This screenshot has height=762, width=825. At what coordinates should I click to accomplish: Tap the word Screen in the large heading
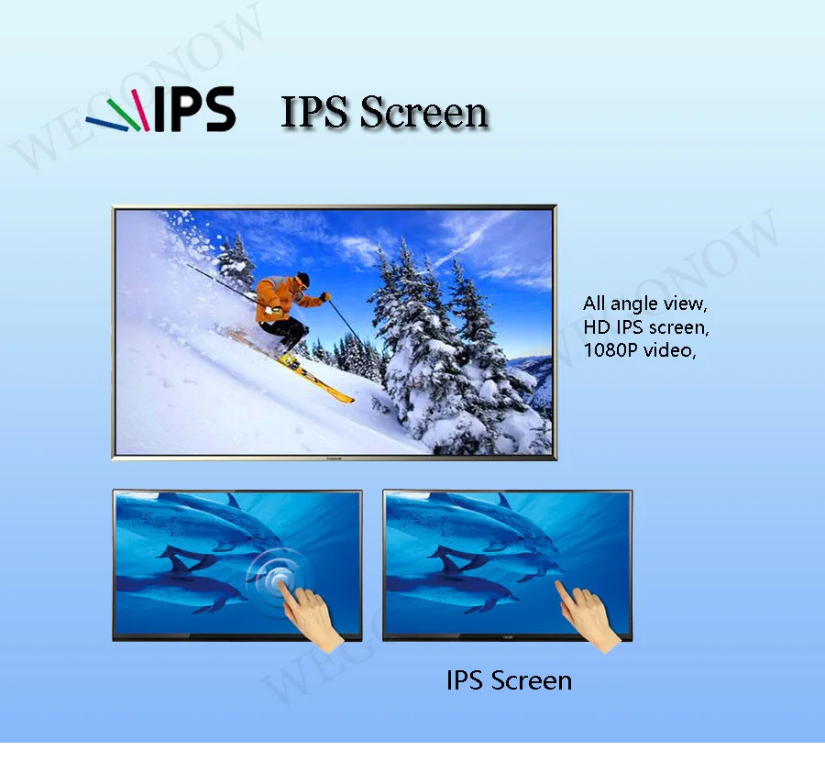point(423,112)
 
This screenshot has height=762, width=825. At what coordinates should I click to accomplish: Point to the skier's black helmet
point(302,278)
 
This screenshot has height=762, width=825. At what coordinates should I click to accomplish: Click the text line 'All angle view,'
point(645,304)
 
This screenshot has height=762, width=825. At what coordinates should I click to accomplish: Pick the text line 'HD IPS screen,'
point(646,326)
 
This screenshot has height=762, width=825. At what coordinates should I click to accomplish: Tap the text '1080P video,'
point(639,349)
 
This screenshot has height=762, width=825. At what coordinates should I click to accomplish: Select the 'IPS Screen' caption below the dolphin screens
point(509,680)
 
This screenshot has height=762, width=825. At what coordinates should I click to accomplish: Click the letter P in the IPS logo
point(187,108)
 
